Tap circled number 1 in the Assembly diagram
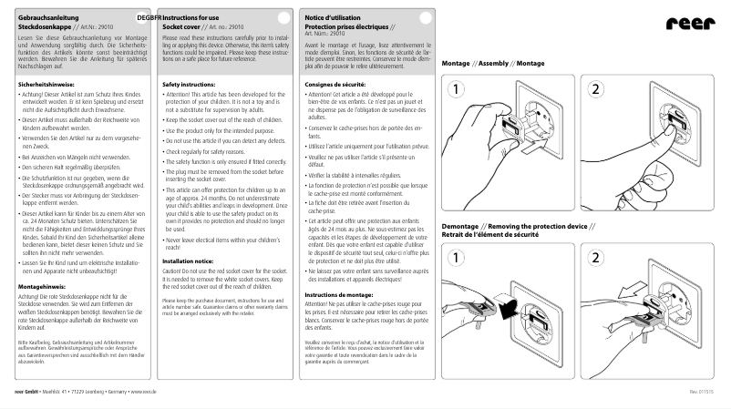[456, 89]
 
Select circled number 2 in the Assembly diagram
[595, 89]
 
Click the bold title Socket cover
[180, 28]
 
